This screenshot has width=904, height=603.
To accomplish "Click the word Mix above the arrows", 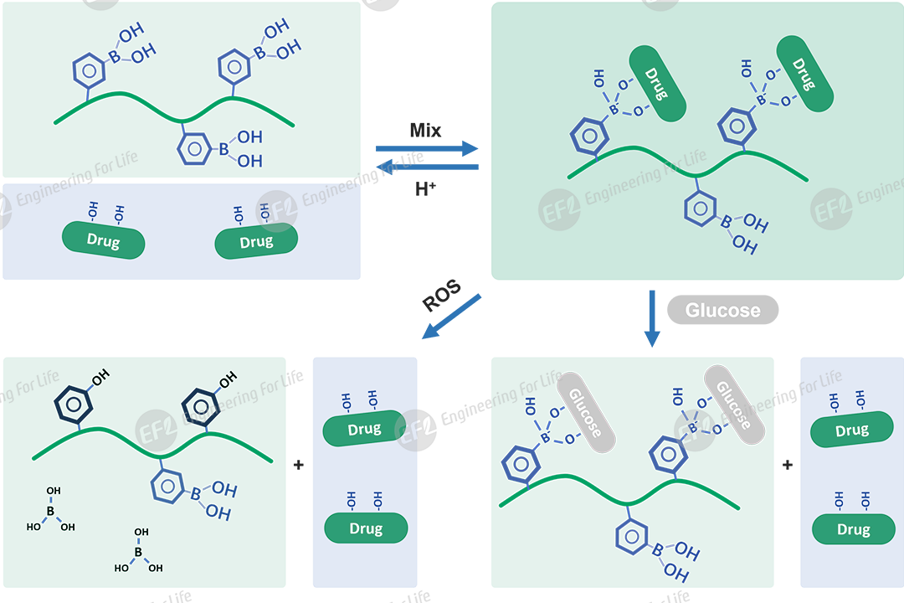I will pos(425,130).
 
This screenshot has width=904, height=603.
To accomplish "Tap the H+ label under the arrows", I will pos(425,189).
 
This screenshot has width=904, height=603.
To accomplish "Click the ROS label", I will pos(441,296).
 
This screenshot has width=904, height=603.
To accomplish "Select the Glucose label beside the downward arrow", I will pos(722,310).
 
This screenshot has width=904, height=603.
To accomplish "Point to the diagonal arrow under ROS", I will pos(452,316).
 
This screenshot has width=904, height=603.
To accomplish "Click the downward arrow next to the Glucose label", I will pos(652,318).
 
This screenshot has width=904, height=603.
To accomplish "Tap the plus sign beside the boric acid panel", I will pos(299,464).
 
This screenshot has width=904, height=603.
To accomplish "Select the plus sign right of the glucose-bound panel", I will pos(787,464).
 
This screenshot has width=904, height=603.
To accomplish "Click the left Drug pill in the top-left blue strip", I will pos(103,242).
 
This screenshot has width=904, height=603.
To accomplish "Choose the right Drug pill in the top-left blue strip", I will pos(256,242).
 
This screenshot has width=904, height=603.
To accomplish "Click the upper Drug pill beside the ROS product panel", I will pos(364,430).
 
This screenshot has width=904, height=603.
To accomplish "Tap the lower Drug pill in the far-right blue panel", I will pos(853,529).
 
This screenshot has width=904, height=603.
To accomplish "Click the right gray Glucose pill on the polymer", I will pos(734,405).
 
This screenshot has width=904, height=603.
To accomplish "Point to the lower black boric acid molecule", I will pos(139,552).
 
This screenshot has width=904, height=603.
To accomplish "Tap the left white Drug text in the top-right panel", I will pos(655,85).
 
